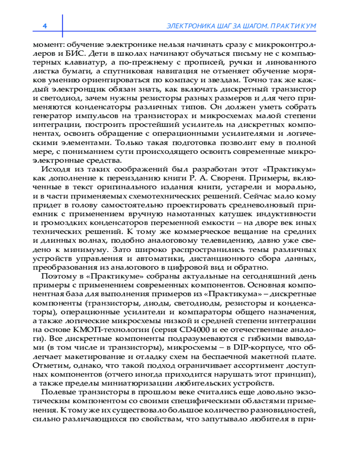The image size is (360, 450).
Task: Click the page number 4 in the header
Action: click(x=45, y=26)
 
